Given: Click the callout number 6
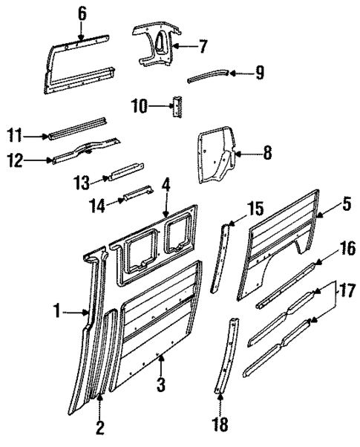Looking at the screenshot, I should [81, 13].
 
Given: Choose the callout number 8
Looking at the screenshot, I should [266, 154].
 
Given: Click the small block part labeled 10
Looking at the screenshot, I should [177, 106].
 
